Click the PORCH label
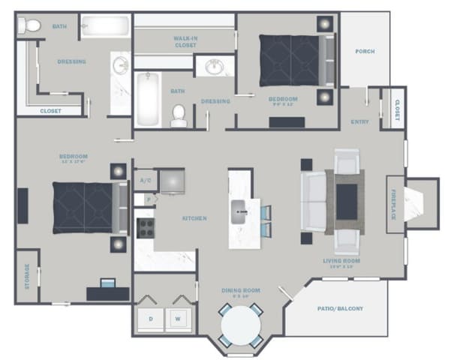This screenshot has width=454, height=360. [365, 52]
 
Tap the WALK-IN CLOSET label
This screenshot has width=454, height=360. [185, 41]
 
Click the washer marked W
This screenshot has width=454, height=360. [179, 318]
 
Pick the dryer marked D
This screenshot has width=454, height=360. [151, 318]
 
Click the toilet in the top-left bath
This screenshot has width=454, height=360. [30, 26]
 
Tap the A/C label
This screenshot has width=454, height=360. [144, 181]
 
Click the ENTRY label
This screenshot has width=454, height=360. [359, 121]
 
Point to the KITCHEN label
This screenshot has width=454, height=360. [194, 218]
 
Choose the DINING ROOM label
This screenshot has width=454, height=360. [240, 290]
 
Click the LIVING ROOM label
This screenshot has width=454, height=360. [341, 262]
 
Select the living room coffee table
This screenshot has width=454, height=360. [346, 200]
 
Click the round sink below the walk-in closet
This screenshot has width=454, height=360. [215, 67]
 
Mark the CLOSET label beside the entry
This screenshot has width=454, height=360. [396, 109]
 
